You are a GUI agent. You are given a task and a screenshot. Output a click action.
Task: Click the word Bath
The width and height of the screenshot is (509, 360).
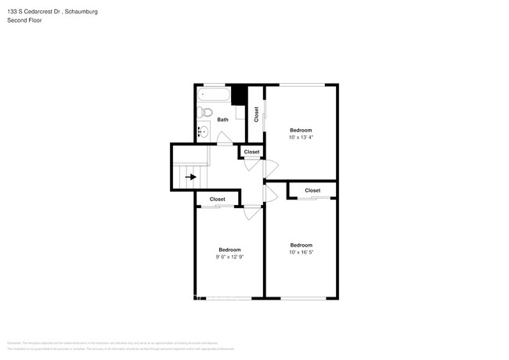(223, 120)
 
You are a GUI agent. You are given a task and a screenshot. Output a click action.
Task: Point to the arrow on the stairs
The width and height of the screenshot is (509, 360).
(190, 177)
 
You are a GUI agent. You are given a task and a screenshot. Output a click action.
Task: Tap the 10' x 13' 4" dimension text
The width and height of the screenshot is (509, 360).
(301, 138)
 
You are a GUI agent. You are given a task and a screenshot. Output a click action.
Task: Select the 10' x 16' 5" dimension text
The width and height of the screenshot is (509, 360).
(301, 252)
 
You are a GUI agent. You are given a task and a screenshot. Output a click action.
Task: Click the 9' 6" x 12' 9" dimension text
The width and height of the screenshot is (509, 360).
(229, 257)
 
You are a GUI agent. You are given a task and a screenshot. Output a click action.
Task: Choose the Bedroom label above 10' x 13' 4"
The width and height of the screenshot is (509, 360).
(301, 130)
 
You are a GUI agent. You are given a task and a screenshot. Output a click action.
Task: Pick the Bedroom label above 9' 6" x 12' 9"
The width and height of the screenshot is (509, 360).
(229, 249)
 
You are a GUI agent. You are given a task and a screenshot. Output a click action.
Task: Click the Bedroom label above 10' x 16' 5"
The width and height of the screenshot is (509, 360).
(301, 244)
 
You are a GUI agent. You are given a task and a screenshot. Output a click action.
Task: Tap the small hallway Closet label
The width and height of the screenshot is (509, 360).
(251, 152)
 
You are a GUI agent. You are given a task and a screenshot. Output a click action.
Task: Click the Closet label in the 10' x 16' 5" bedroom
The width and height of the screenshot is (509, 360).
(312, 190)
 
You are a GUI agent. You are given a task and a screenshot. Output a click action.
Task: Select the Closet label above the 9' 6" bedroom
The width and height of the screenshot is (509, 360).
(217, 200)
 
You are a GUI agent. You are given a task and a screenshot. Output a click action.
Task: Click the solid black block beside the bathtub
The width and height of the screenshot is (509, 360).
(240, 95)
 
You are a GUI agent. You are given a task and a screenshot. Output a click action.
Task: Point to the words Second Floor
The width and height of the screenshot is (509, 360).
(24, 20)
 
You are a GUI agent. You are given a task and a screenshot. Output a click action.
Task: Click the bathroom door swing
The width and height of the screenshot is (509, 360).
(224, 140)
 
